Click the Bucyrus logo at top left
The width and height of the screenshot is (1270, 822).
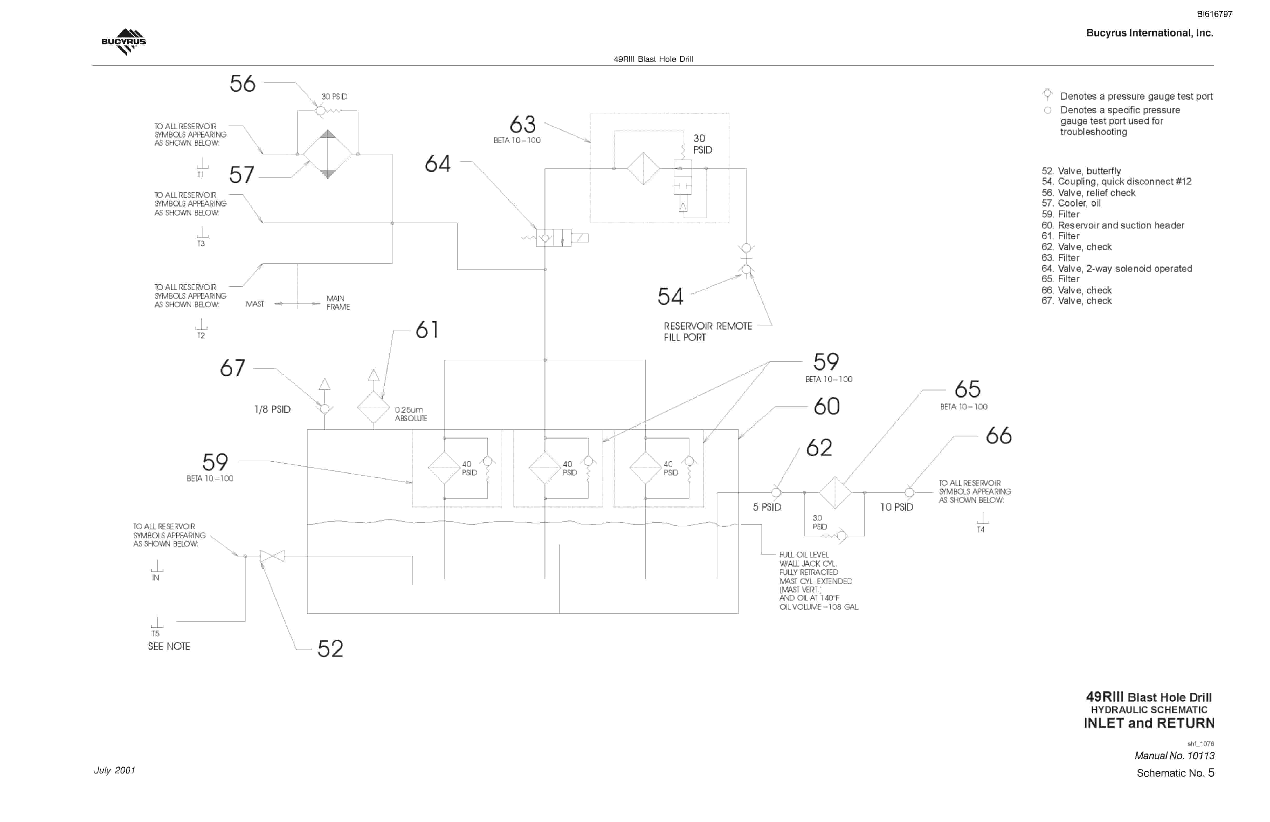(123, 42)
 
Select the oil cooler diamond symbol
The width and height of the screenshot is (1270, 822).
(328, 154)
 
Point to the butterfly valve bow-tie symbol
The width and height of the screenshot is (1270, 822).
(272, 556)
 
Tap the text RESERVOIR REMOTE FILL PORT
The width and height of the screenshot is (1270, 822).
(708, 331)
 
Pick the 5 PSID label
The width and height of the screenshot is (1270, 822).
(767, 507)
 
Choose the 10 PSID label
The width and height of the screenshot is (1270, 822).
(896, 507)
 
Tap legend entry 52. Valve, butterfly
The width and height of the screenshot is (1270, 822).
(1081, 171)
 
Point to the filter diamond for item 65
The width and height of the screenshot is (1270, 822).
(835, 492)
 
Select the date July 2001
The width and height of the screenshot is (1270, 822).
(115, 770)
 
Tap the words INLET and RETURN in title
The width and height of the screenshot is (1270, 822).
(1149, 723)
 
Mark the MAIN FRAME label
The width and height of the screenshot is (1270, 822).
(338, 303)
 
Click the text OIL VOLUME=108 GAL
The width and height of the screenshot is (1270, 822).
(819, 607)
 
